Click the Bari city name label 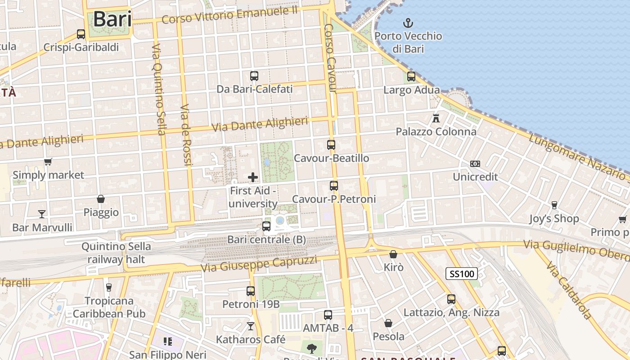coord(112,19)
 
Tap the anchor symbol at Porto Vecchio coord(408,22)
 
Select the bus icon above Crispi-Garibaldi coord(81,34)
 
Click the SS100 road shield coord(462,273)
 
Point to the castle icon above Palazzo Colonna coord(436,118)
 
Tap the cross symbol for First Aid coord(253,177)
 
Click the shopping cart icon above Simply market coord(48,162)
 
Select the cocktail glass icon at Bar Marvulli coord(42,214)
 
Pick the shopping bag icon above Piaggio coord(101,199)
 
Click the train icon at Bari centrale coord(266,226)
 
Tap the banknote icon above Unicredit coord(475,163)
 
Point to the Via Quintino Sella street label coord(158,89)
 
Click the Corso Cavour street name coord(330,58)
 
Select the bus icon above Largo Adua coord(411,76)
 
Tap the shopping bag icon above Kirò coord(393,254)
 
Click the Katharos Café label coord(251,339)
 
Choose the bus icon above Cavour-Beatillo coord(331,145)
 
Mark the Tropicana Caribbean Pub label coord(109,307)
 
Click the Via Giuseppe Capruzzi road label coord(259,264)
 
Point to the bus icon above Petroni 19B coord(251,291)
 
